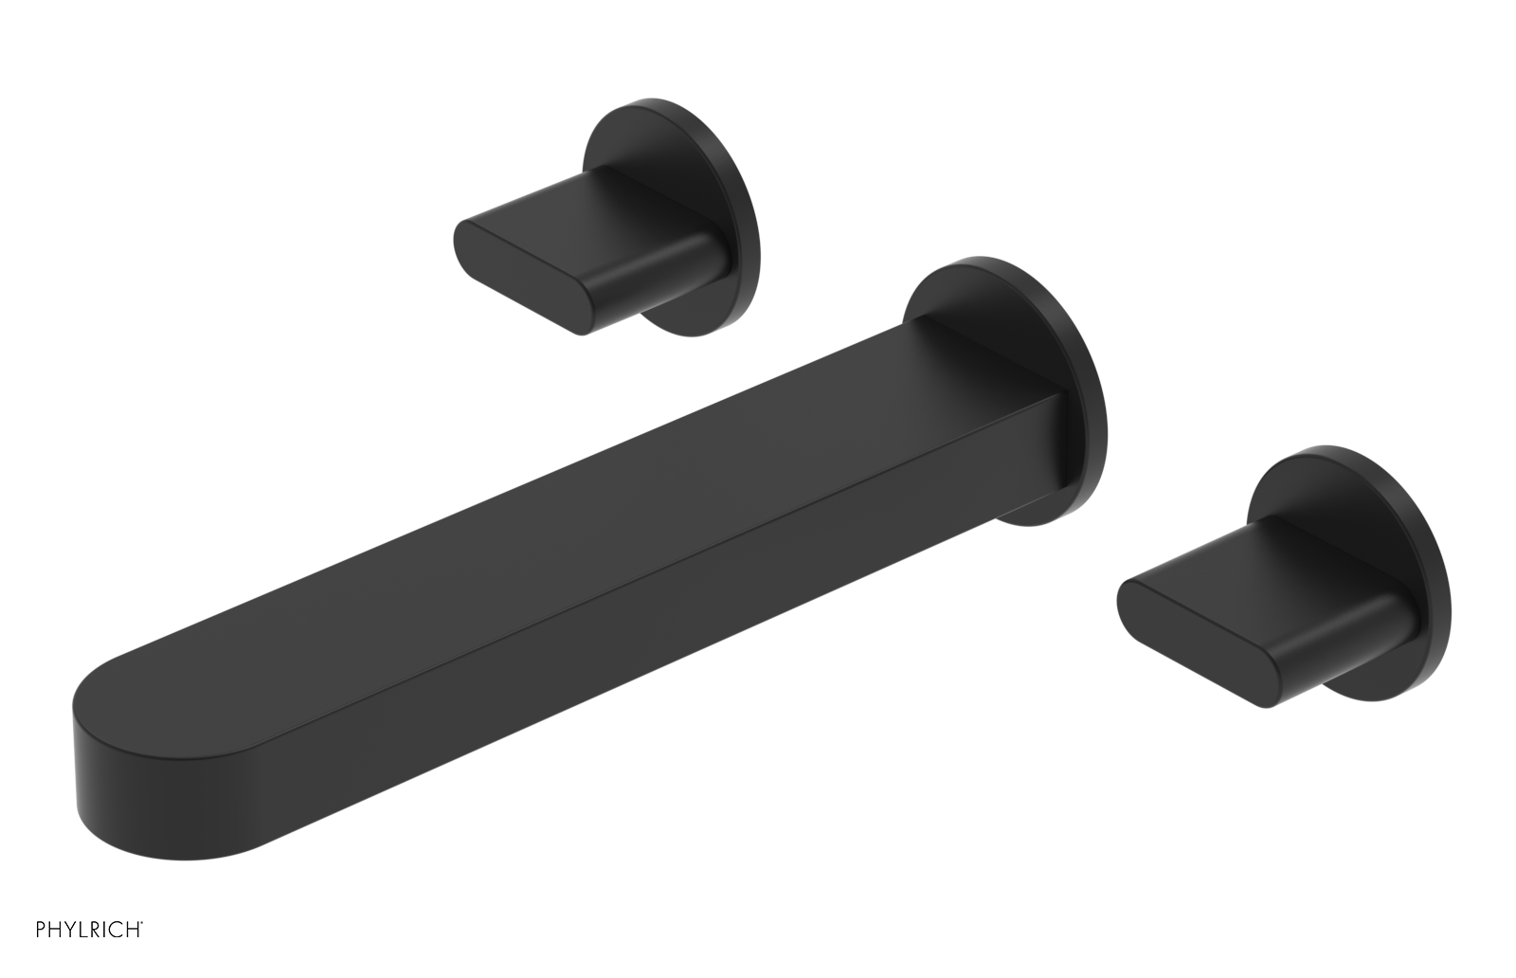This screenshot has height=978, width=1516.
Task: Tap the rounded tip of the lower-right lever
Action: tap(1137, 616)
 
